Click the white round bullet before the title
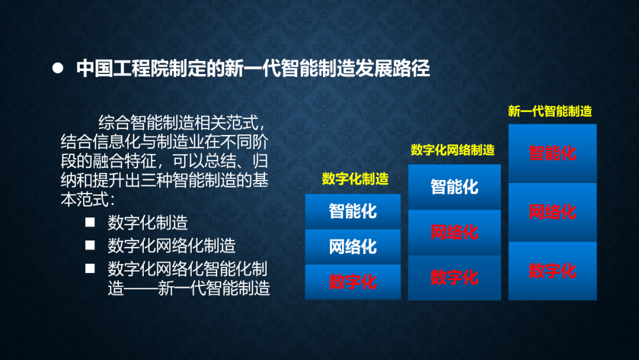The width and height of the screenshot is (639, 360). (58, 68)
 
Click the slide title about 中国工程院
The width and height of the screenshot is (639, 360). (253, 68)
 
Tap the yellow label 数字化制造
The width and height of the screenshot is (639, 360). (355, 179)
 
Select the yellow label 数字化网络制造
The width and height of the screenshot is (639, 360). (453, 150)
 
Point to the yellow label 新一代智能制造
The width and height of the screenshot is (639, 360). (550, 111)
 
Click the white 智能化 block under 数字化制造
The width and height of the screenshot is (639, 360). (353, 211)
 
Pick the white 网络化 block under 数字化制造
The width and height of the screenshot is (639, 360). (353, 247)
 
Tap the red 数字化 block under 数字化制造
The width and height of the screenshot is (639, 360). (353, 282)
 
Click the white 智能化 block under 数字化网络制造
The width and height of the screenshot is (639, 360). (454, 187)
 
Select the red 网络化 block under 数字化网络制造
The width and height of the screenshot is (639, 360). (454, 232)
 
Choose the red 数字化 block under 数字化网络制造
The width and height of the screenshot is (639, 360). (454, 278)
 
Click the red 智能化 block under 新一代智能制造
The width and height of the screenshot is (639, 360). (553, 153)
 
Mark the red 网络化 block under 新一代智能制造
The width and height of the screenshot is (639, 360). (553, 212)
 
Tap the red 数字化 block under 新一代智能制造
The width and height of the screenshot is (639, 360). (553, 271)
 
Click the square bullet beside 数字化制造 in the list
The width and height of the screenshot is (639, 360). (90, 222)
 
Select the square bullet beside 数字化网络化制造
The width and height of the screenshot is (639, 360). (90, 245)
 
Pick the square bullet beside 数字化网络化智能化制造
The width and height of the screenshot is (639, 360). (90, 268)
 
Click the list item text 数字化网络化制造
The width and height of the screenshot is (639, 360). (172, 246)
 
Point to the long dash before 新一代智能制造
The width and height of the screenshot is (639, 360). (141, 288)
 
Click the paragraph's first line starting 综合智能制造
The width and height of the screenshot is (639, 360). (182, 123)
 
